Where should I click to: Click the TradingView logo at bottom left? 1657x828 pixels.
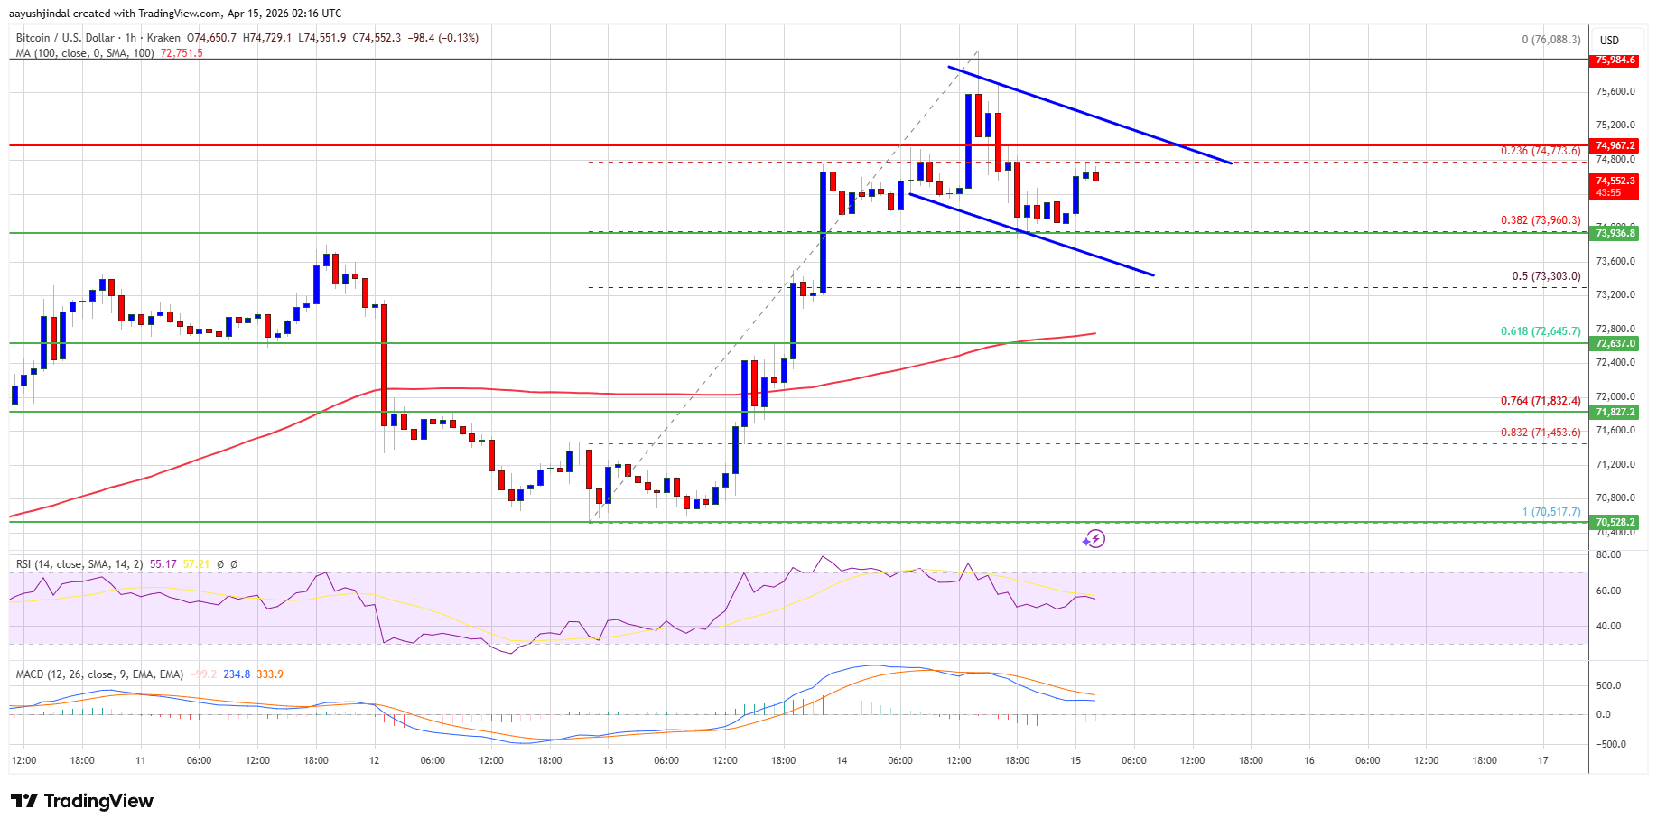pos(82,801)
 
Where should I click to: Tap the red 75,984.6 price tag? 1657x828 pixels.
pos(1615,60)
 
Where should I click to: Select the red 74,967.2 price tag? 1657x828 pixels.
pos(1615,145)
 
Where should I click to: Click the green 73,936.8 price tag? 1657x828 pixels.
pos(1615,233)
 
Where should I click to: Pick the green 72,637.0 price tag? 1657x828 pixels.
pos(1615,343)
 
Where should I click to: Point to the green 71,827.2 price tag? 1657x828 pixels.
pos(1615,412)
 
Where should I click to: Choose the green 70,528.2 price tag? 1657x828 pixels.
pos(1615,522)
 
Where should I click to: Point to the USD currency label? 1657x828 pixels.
pos(1609,40)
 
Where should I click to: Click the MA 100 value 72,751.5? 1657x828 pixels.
pos(182,53)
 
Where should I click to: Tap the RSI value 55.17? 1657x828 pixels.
pos(163,564)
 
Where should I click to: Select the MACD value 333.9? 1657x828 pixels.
pos(270,674)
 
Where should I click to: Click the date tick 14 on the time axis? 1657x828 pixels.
pos(842,760)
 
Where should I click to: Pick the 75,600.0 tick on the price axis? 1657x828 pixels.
pos(1615,91)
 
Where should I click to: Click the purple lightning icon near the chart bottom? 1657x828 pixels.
pos(1094,539)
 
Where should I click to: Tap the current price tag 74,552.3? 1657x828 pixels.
pos(1615,181)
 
